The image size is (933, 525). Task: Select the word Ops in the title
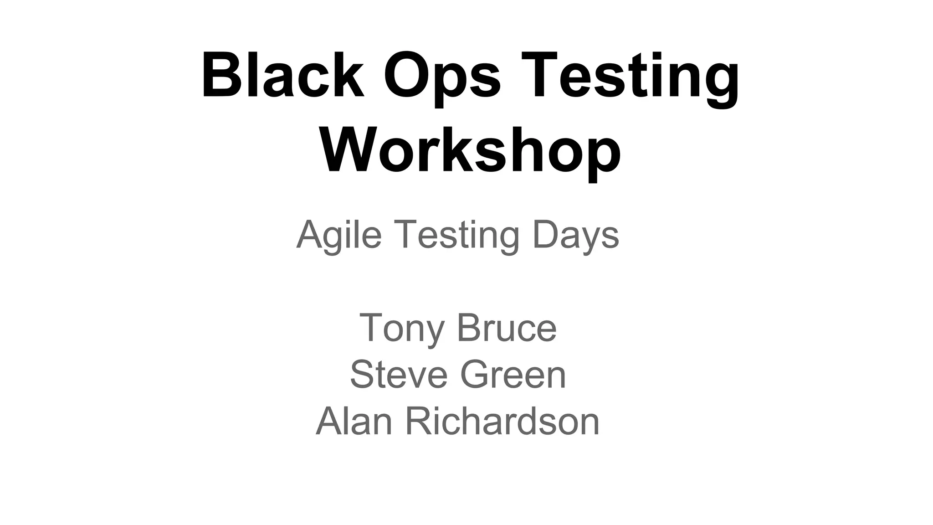click(x=442, y=77)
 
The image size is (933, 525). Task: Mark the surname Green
click(x=513, y=374)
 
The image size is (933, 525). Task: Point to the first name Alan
click(x=354, y=422)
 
